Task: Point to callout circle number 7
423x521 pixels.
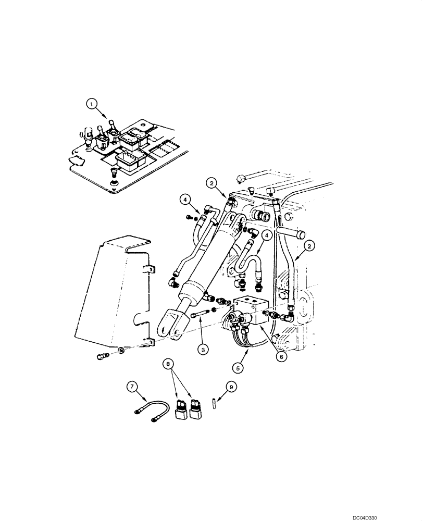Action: click(x=134, y=386)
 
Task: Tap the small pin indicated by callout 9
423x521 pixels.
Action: click(x=214, y=404)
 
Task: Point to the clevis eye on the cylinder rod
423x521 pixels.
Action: click(x=167, y=321)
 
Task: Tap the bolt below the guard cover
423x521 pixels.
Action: click(x=102, y=356)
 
